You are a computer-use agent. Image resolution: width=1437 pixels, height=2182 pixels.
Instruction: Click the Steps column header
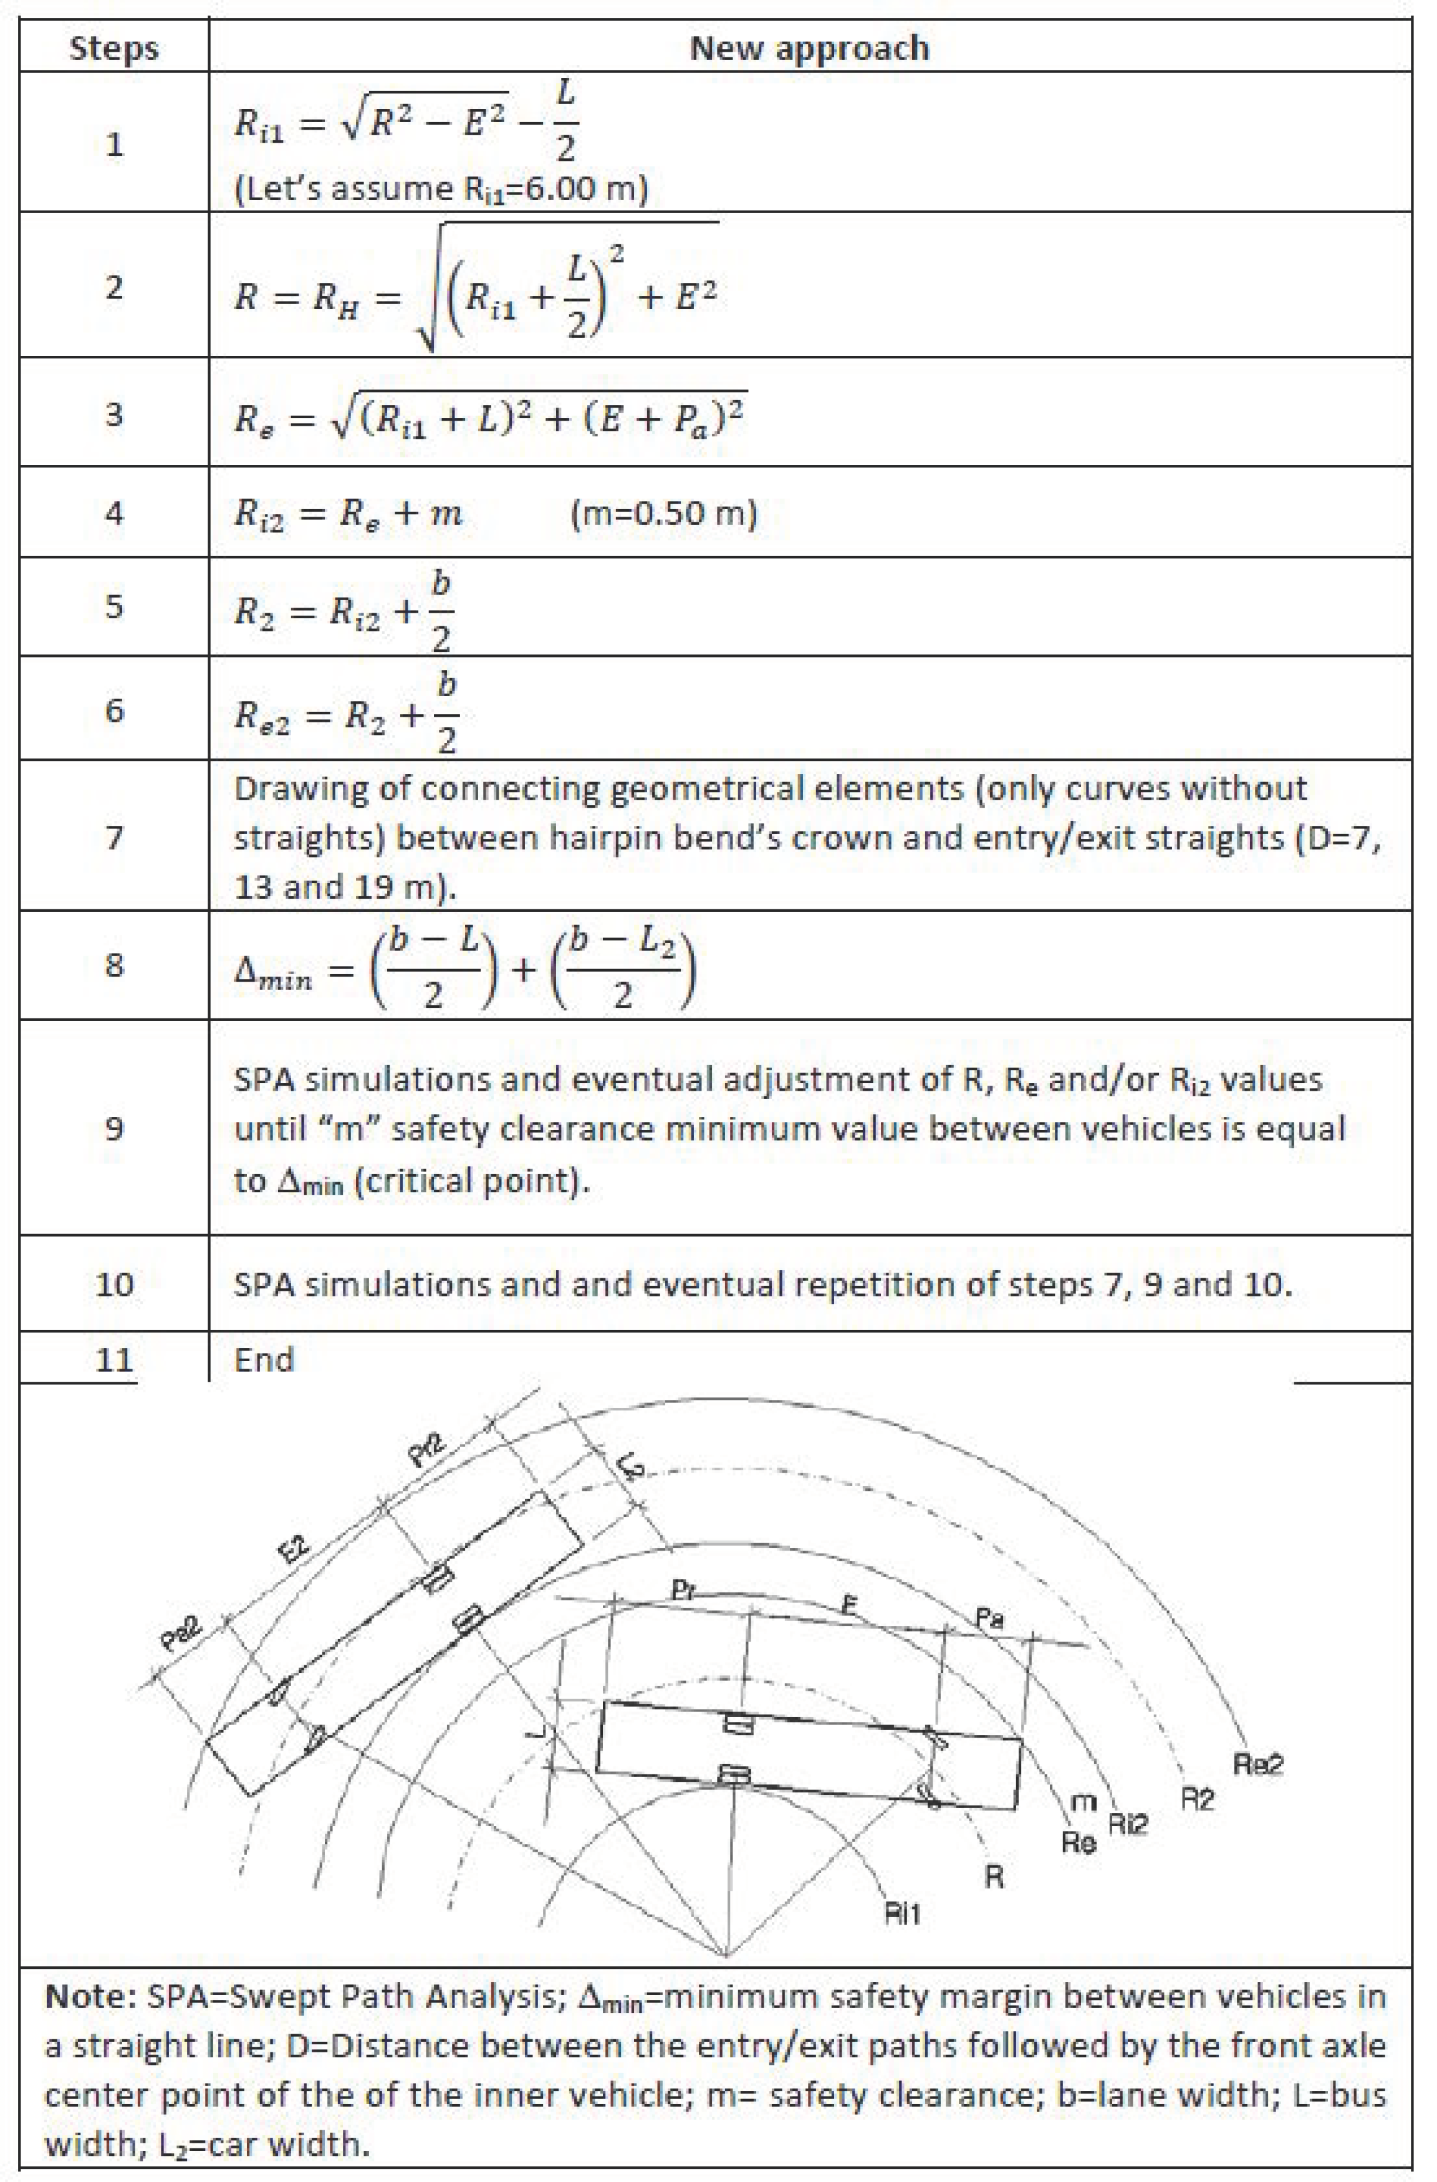(113, 47)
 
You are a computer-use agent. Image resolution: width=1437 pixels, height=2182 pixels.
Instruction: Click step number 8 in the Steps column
(113, 965)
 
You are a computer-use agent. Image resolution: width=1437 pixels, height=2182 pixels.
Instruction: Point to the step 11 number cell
(113, 1359)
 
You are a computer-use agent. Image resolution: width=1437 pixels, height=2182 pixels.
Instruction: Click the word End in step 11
(264, 1359)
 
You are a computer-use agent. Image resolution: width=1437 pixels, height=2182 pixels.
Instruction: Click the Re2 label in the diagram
(1257, 1763)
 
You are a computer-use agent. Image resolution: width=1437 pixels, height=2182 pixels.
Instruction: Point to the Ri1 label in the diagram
(901, 1913)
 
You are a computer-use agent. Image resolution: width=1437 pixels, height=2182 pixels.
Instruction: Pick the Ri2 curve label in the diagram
(1127, 1824)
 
